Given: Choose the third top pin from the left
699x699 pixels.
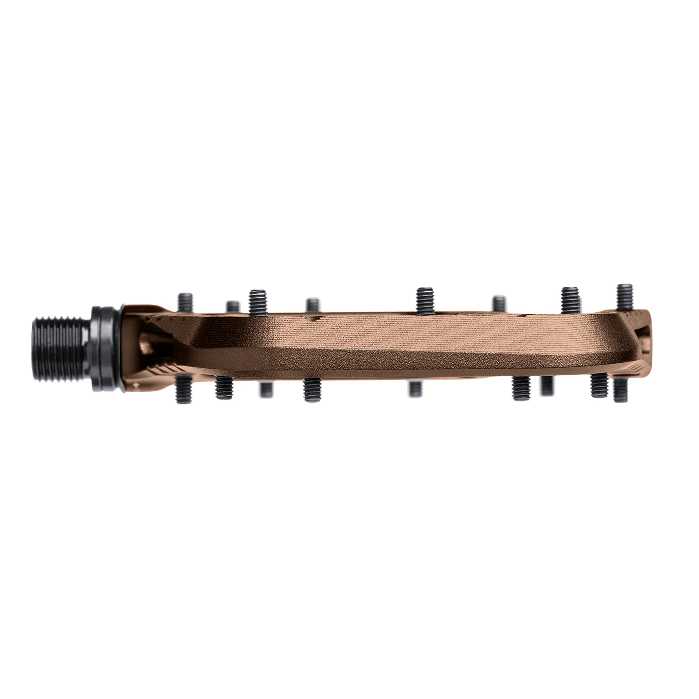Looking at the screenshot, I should (x=258, y=302).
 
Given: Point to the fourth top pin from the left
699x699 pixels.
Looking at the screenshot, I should (x=313, y=307).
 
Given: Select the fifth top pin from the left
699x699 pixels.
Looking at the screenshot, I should (x=424, y=301).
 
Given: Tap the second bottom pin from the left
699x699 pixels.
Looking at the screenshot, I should (x=221, y=388).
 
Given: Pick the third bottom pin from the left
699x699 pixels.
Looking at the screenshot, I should (x=265, y=390).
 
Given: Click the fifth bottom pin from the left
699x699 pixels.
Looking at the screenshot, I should (x=415, y=389).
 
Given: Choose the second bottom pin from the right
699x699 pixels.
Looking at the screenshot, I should (x=598, y=386).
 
